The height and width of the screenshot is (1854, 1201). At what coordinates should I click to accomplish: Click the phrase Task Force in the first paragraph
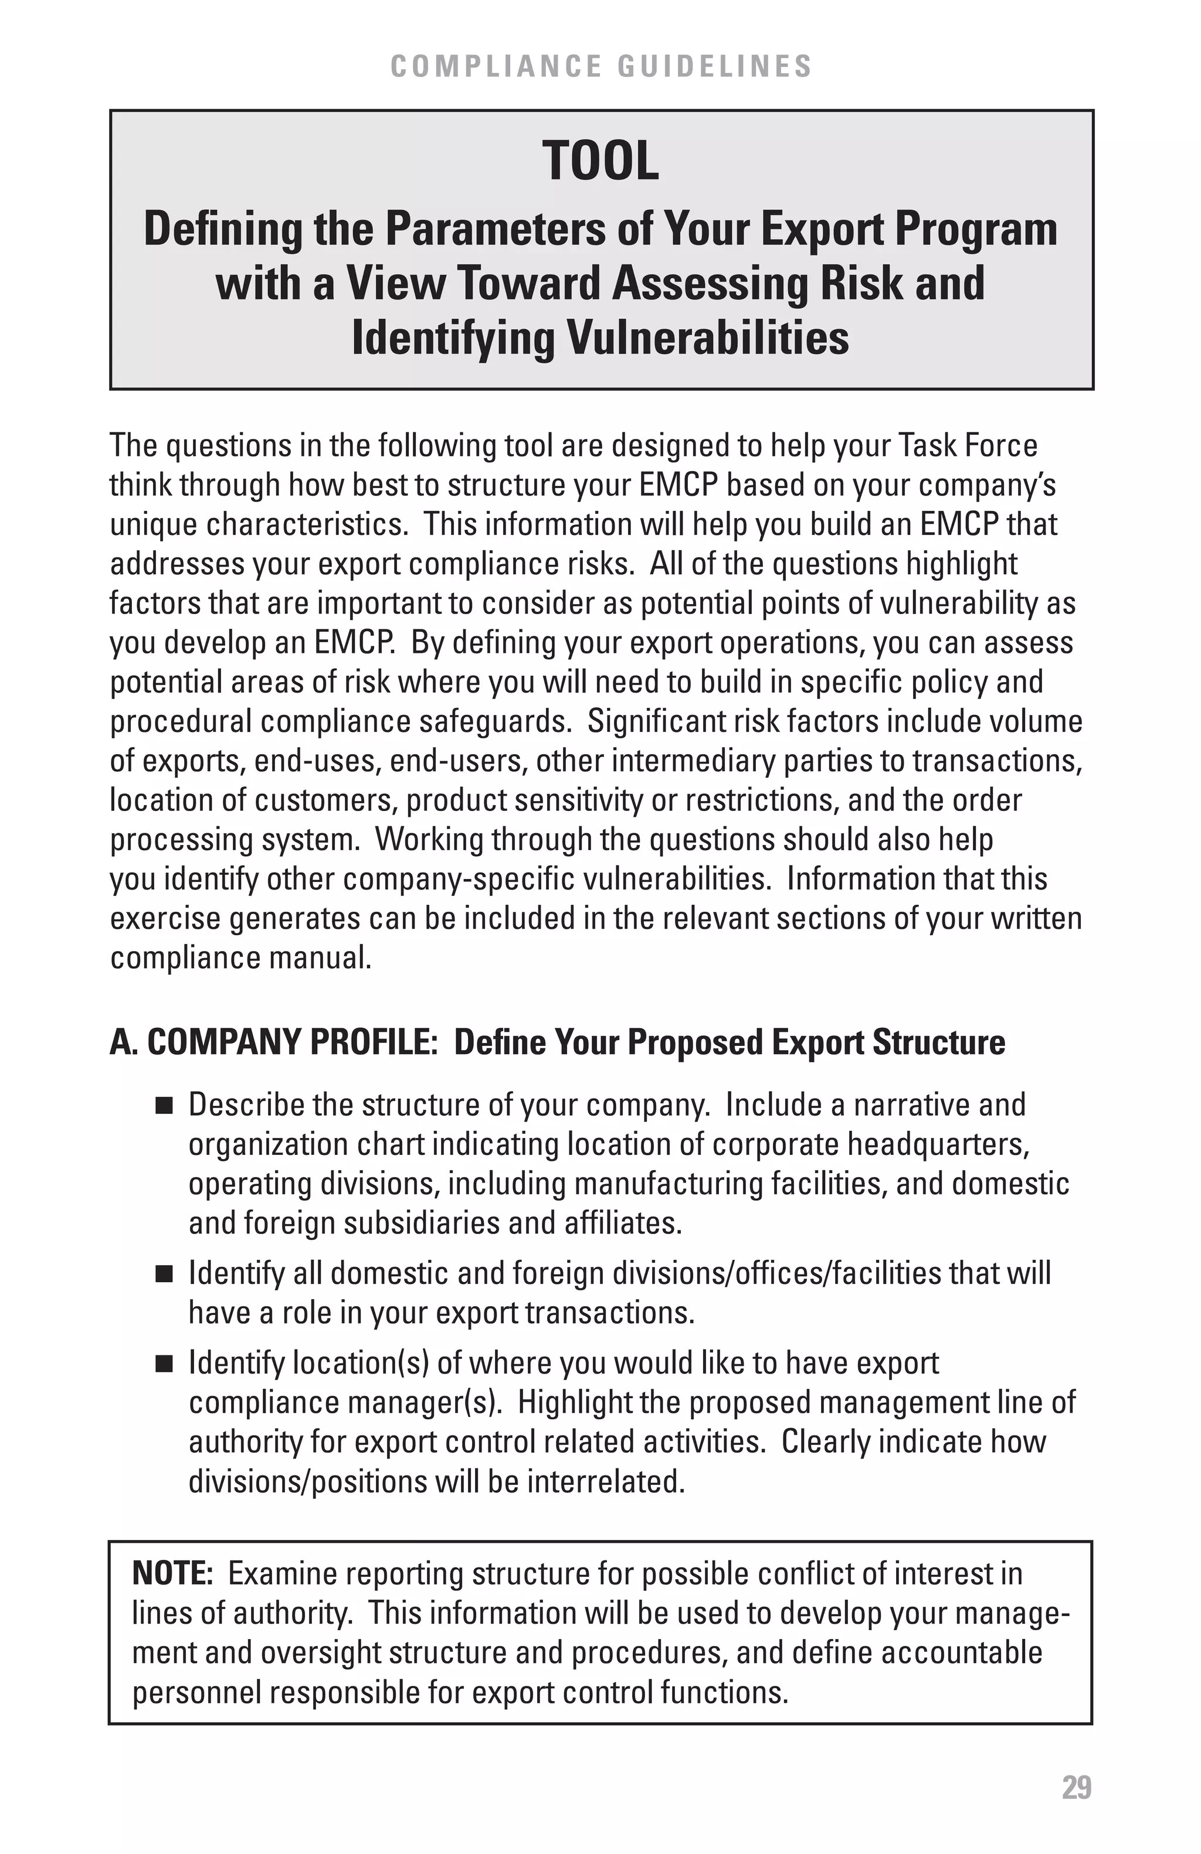pos(968,445)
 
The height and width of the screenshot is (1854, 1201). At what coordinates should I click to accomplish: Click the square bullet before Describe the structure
pos(164,1106)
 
